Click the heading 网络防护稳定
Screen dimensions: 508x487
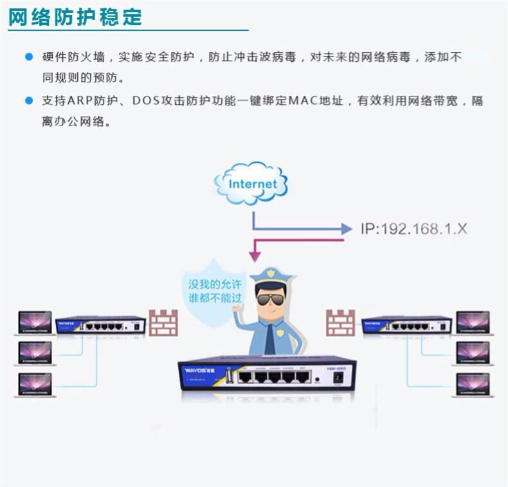point(75,16)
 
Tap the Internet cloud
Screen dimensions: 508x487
point(252,183)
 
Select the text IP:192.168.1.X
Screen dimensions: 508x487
point(413,228)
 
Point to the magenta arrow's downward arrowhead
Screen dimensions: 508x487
point(255,255)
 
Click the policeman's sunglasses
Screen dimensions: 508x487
point(270,300)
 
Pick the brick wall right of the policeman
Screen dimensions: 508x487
point(340,323)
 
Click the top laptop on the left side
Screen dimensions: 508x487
point(35,322)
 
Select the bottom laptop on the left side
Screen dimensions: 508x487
point(35,384)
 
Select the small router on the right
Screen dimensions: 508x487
point(406,324)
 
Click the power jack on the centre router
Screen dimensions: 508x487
point(336,378)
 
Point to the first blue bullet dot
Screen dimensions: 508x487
point(28,57)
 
